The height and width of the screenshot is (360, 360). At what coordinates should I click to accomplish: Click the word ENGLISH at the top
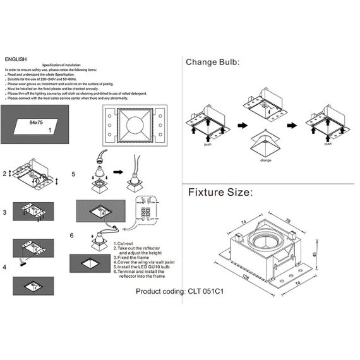pyautogui.click(x=15, y=58)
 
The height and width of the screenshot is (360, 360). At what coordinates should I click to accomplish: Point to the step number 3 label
pyautogui.click(x=5, y=213)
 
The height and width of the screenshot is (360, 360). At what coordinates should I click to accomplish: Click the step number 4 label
pyautogui.click(x=5, y=267)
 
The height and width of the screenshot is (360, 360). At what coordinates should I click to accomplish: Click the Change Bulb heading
pyautogui.click(x=213, y=62)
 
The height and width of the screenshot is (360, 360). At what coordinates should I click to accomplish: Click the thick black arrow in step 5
pyautogui.click(x=118, y=172)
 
